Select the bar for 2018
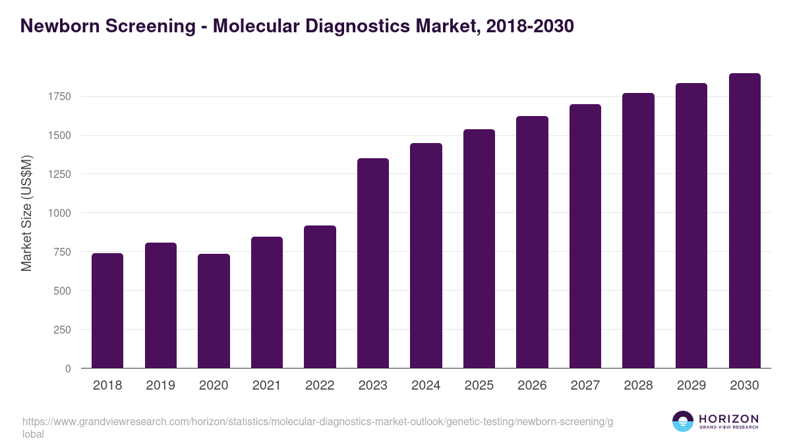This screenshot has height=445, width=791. tap(107, 311)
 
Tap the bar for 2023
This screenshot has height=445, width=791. tap(373, 263)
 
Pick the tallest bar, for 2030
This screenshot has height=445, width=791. tap(744, 221)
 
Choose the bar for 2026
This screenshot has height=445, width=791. tap(532, 242)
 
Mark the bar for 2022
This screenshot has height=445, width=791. tap(320, 297)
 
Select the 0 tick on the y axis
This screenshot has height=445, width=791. tap(67, 369)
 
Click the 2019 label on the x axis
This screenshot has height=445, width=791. tap(160, 386)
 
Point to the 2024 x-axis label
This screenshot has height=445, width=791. tap(426, 386)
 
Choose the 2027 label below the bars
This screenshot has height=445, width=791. tap(585, 386)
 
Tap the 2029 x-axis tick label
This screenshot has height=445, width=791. tap(691, 386)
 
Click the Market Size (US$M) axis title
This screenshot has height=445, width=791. tap(26, 213)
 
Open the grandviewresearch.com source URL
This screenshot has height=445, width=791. tap(316, 422)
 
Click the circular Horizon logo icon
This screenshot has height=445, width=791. tap(683, 421)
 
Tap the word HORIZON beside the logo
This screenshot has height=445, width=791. tap(728, 419)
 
